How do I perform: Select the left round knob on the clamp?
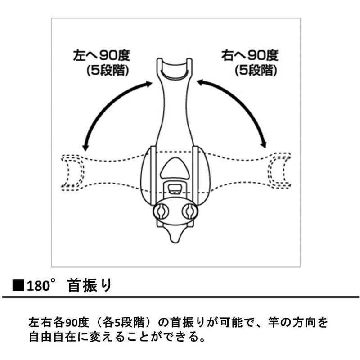tap(162, 211)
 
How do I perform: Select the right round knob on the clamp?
tap(189, 211)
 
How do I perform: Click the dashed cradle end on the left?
tap(72, 171)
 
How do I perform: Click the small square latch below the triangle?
tap(175, 188)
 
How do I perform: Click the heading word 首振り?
tap(89, 286)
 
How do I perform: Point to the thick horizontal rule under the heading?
tap(180, 297)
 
